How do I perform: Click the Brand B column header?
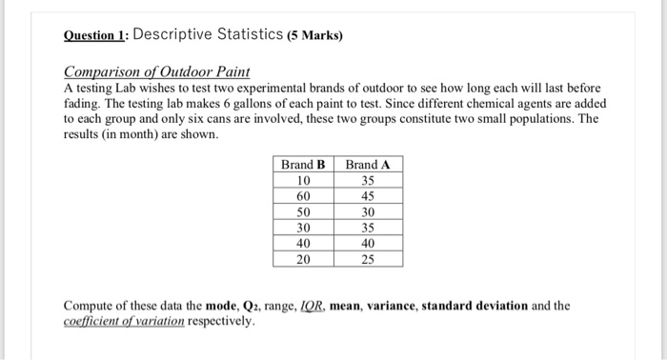(304, 164)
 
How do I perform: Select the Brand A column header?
(368, 164)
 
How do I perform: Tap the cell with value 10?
(304, 180)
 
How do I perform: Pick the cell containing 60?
(304, 196)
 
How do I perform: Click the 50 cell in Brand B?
(304, 212)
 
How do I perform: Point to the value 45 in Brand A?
(368, 196)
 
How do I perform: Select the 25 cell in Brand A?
(368, 259)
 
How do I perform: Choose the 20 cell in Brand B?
(304, 259)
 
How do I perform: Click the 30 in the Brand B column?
(304, 228)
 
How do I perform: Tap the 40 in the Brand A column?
(368, 244)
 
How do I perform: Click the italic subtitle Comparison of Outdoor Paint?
(156, 72)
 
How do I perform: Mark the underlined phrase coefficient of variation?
(124, 321)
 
